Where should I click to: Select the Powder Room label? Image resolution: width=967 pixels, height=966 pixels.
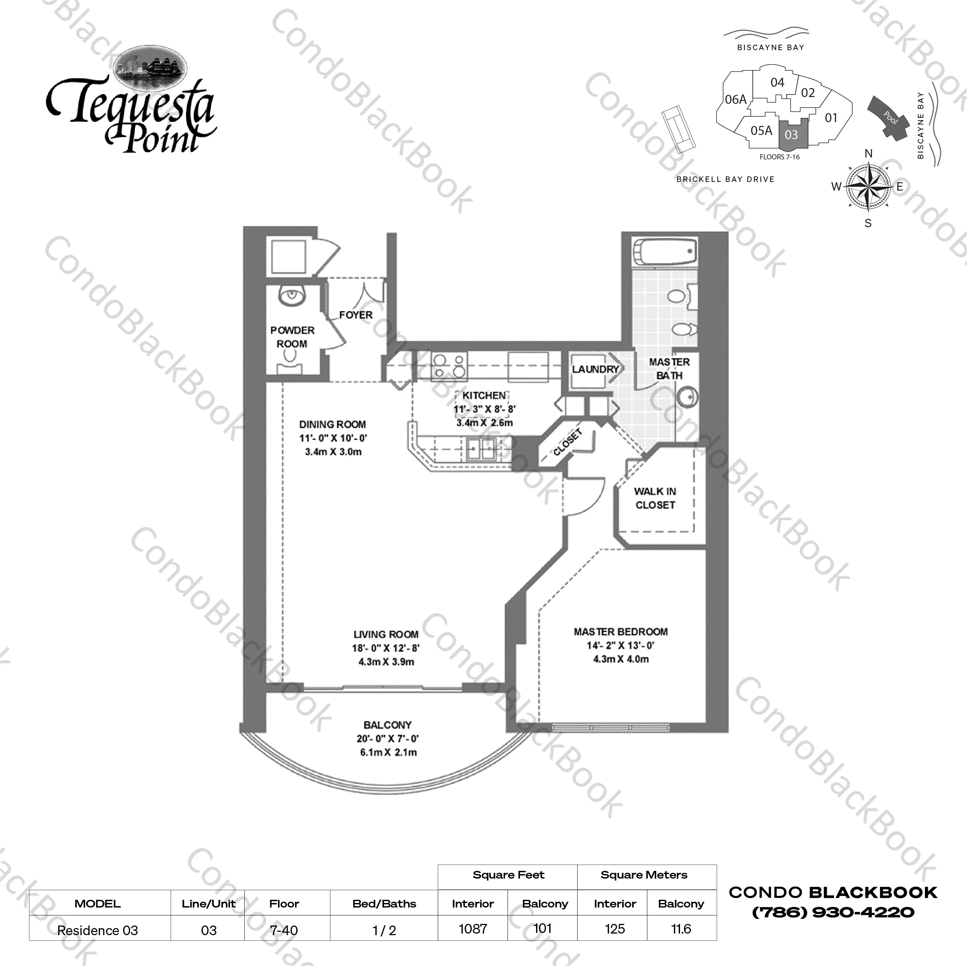click(292, 337)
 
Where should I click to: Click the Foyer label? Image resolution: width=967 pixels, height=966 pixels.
click(356, 315)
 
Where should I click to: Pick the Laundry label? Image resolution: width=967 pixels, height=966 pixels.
click(595, 369)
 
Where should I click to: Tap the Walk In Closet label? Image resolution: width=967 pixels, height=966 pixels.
click(655, 498)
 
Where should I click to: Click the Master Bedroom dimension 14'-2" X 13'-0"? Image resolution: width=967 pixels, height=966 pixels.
click(621, 645)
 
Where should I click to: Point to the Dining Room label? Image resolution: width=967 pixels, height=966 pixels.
click(332, 425)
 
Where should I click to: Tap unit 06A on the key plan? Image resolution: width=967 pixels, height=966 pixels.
click(736, 100)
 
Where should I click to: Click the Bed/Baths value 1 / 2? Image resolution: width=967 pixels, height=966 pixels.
click(384, 930)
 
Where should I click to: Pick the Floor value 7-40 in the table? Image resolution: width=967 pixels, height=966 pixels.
click(284, 930)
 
